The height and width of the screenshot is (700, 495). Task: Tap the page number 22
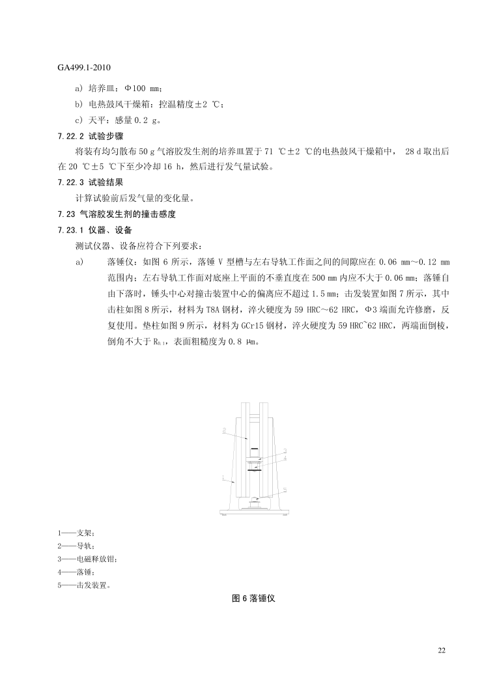(x=442, y=651)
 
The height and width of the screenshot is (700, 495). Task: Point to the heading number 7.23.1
(x=72, y=230)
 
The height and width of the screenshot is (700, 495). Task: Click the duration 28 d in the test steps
(x=415, y=151)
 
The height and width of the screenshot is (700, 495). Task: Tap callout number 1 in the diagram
(x=223, y=479)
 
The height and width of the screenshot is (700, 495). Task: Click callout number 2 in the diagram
(x=223, y=430)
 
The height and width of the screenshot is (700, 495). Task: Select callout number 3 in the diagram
(x=285, y=450)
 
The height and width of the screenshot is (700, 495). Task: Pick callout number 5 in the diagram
(x=285, y=489)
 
